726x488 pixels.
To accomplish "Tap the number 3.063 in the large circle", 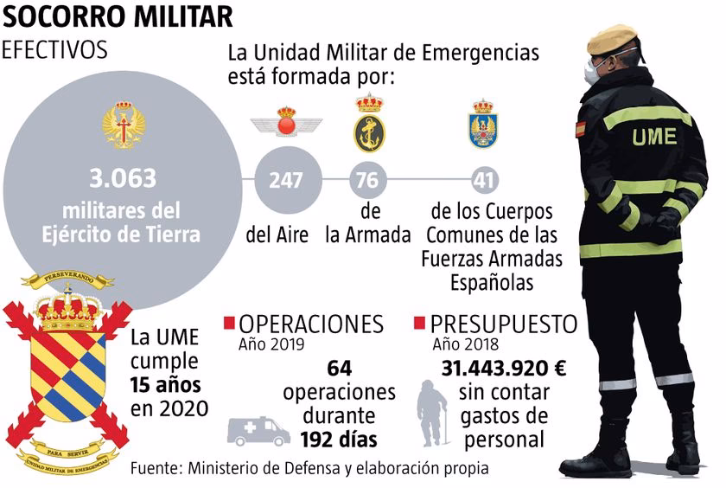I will [123, 178].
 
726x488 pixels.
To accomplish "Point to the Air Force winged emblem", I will [284, 121].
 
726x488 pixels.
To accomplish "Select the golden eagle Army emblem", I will [124, 125].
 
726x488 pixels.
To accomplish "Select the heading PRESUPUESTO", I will [504, 324].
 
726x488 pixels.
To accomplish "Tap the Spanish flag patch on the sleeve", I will [580, 131].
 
